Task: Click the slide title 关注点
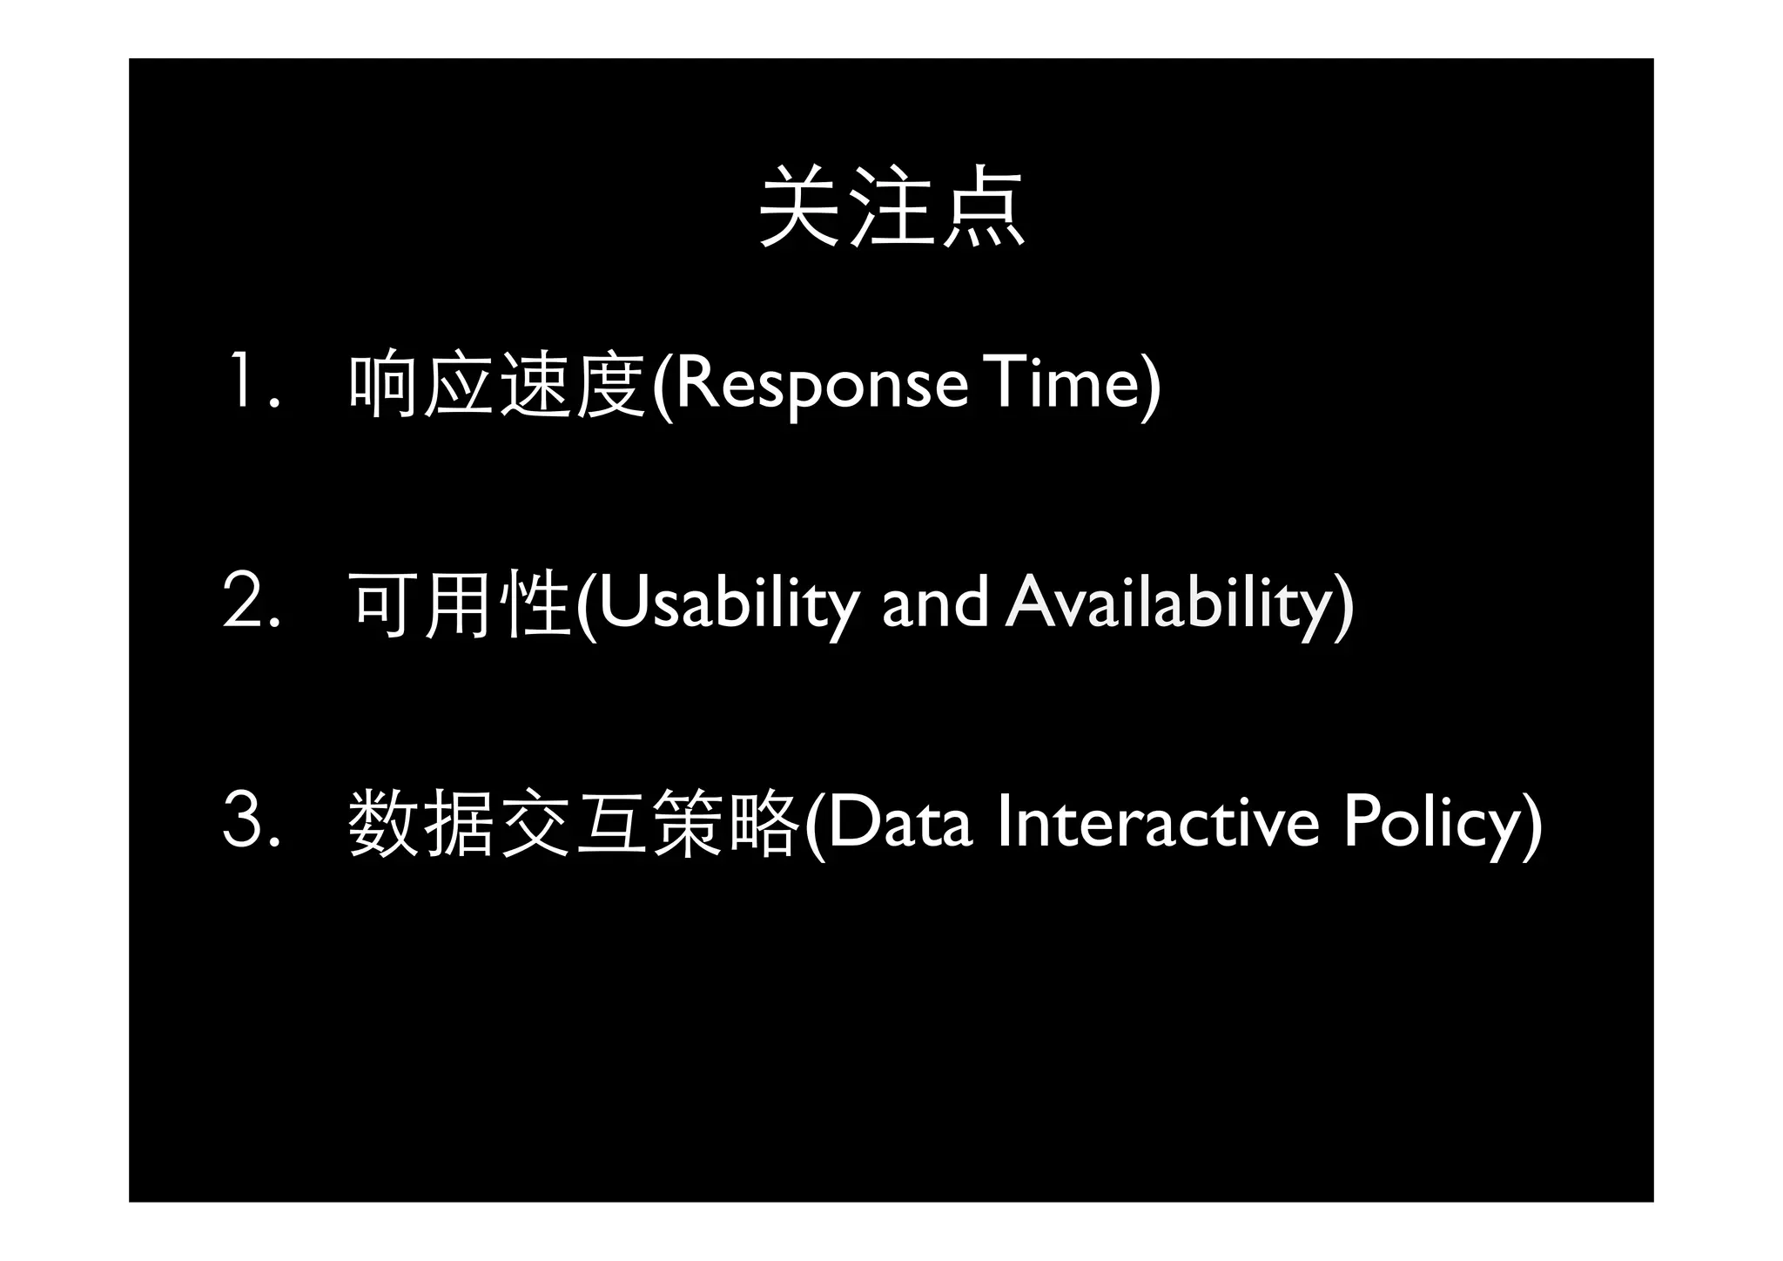[x=891, y=207]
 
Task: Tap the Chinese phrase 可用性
[x=459, y=604]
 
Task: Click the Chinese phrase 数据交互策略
[x=573, y=823]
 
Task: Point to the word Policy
[x=1433, y=823]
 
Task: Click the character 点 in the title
[x=984, y=207]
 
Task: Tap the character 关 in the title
[x=799, y=207]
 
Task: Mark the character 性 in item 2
[x=535, y=604]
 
